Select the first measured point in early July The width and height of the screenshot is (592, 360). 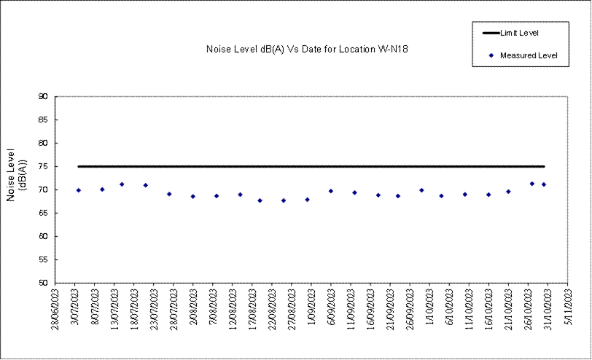(x=78, y=190)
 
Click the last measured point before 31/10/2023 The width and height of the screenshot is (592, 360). (x=544, y=184)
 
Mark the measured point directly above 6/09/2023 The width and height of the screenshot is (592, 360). (x=331, y=191)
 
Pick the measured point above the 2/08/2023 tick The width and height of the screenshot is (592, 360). (x=192, y=196)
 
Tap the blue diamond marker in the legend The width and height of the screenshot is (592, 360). (x=492, y=55)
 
